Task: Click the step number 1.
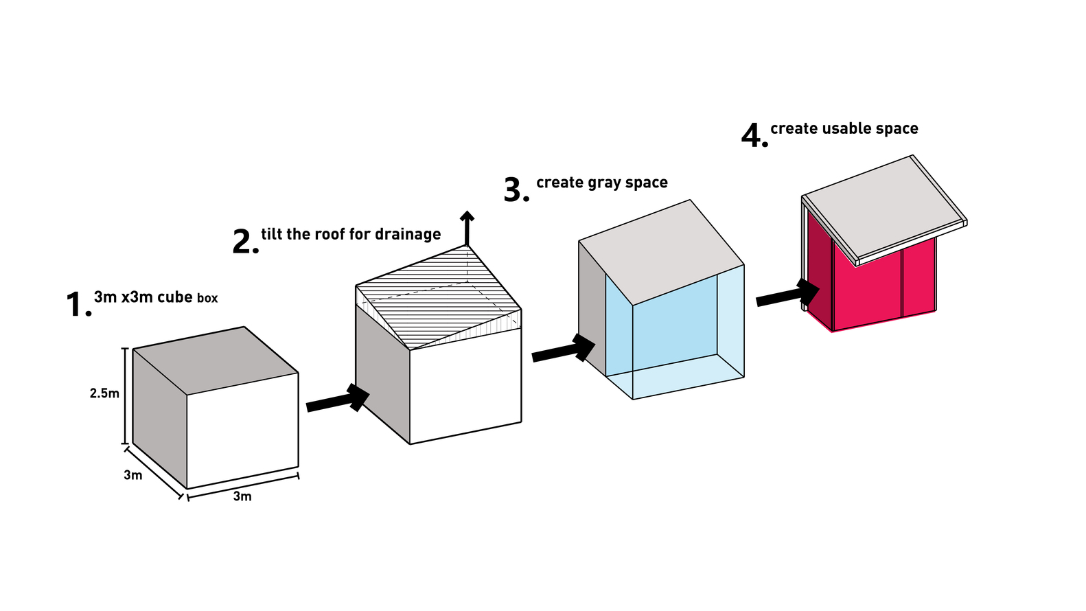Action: [77, 304]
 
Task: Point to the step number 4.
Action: [753, 136]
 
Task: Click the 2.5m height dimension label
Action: [104, 393]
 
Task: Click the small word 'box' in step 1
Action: [207, 299]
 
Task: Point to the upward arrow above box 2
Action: [467, 227]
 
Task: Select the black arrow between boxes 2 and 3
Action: [564, 349]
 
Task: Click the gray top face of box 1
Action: [216, 358]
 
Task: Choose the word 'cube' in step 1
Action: [175, 297]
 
